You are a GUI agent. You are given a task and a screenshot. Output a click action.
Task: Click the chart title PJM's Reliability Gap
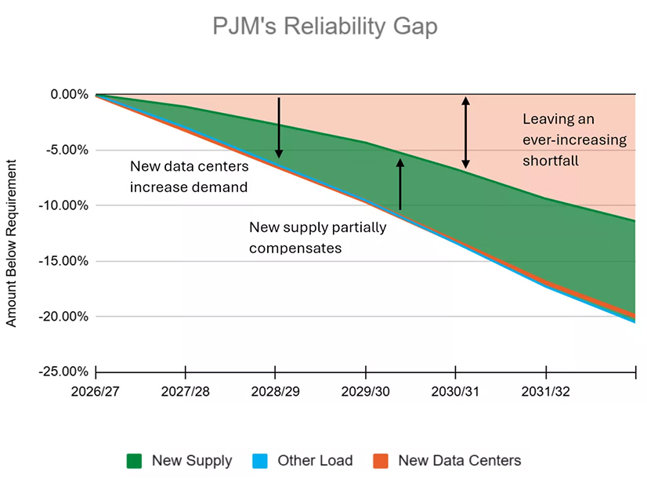325,27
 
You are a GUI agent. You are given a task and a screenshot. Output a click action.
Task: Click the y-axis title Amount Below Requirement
11,243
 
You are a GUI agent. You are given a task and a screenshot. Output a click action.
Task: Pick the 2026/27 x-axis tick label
96,391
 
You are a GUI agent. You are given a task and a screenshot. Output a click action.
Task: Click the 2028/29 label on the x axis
276,391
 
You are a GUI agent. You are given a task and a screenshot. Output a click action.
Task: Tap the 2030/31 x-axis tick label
455,391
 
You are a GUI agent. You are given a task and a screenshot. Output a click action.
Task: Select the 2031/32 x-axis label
545,391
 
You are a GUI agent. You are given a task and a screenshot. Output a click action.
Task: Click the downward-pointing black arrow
278,128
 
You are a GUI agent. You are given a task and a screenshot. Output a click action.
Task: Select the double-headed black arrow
465,132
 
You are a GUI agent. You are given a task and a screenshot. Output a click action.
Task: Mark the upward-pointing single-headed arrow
399,184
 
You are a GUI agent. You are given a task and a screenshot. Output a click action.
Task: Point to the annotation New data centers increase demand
189,176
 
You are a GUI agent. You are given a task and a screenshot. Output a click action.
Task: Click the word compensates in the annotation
297,247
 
